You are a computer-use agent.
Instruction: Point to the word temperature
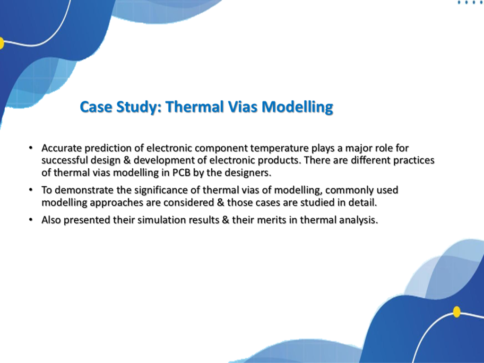tap(279, 148)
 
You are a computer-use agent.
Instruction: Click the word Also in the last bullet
tap(51, 220)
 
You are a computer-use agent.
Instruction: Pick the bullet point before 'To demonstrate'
tap(31, 190)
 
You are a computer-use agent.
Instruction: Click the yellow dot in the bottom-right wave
tap(457, 312)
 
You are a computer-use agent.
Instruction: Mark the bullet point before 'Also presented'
tap(31, 220)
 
